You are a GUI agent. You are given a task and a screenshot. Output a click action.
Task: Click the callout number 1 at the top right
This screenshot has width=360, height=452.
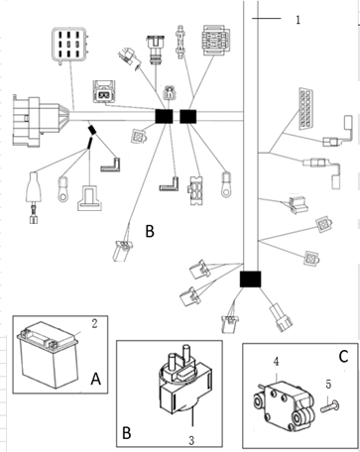(x=298, y=20)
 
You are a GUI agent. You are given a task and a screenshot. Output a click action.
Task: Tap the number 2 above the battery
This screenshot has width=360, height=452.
(x=94, y=324)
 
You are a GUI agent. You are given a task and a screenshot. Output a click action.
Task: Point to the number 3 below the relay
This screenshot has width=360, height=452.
(x=191, y=440)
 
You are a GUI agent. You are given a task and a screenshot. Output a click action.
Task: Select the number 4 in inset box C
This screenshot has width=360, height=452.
(x=276, y=362)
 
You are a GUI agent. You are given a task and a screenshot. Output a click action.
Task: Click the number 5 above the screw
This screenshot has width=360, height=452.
(x=328, y=385)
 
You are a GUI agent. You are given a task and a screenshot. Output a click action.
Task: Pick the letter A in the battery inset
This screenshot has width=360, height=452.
(x=96, y=379)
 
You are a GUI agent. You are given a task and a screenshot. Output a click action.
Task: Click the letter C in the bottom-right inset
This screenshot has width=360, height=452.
(x=343, y=356)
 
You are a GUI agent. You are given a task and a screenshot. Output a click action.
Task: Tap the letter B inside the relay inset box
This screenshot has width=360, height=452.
(x=127, y=432)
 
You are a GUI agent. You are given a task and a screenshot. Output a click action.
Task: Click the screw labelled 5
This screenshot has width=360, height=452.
(x=329, y=406)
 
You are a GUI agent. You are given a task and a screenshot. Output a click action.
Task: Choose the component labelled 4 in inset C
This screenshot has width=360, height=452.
(x=284, y=407)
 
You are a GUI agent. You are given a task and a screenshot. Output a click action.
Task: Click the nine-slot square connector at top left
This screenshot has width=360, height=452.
(x=70, y=46)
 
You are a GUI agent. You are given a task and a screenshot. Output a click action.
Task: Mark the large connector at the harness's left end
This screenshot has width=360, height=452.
(x=38, y=121)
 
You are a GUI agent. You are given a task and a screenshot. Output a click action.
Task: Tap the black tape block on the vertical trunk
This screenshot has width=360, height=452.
(x=250, y=280)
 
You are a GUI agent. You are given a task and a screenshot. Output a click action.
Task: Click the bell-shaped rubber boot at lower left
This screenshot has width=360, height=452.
(x=34, y=186)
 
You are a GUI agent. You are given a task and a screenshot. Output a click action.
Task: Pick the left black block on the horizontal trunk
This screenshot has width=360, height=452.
(x=164, y=116)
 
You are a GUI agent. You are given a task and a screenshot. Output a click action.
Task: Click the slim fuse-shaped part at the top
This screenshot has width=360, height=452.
(x=180, y=42)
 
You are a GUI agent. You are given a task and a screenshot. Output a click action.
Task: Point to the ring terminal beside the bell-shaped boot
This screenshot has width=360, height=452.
(x=62, y=189)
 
